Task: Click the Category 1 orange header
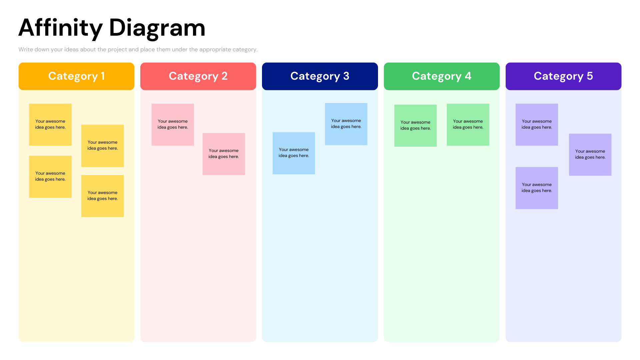click(76, 76)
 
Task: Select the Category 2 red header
click(198, 76)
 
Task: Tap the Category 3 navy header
click(320, 76)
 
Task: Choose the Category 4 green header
click(441, 76)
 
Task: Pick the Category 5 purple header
click(563, 76)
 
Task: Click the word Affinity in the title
click(60, 28)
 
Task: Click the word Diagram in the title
click(157, 28)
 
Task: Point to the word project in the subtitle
click(117, 50)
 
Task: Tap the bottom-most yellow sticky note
click(102, 196)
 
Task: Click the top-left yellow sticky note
click(50, 125)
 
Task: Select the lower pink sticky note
click(224, 154)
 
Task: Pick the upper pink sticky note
click(173, 125)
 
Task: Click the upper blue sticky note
click(346, 124)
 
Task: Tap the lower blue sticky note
click(294, 153)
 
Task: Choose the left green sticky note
click(415, 126)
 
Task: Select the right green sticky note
click(468, 125)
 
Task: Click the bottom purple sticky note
click(537, 188)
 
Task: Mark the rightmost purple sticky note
click(590, 155)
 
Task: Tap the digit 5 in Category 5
click(590, 76)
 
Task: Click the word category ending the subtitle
click(245, 50)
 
